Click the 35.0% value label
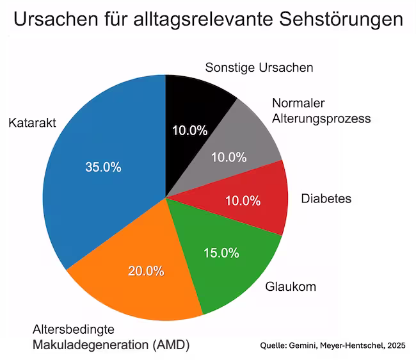pyautogui.click(x=103, y=167)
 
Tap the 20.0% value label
pyautogui.click(x=146, y=270)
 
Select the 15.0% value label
pyautogui.click(x=221, y=253)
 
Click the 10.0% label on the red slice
pyautogui.click(x=243, y=201)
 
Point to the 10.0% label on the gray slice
pyautogui.click(x=228, y=157)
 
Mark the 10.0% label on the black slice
pyautogui.click(x=190, y=131)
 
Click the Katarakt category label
pyautogui.click(x=33, y=123)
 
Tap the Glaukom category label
pyautogui.click(x=291, y=287)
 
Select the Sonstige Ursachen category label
pyautogui.click(x=259, y=68)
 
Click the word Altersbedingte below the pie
pyautogui.click(x=74, y=330)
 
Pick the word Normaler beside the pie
pyautogui.click(x=298, y=104)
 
